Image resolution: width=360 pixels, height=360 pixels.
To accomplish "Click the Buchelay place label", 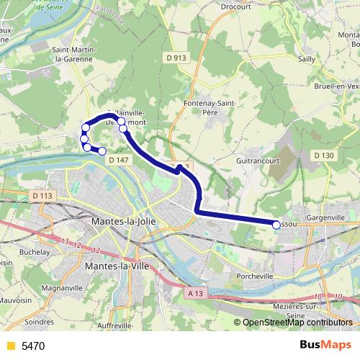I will tap(35, 252).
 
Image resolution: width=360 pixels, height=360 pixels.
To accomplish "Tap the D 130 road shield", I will tap(324, 155).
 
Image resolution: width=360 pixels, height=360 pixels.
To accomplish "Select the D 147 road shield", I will tap(117, 161).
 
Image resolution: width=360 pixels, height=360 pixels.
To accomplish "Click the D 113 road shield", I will tap(44, 195).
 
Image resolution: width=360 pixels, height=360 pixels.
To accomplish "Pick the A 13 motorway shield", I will tap(195, 293).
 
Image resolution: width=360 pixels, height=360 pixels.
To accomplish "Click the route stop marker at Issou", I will tap(276, 225).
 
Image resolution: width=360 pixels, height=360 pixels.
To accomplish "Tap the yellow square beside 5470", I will tap(10, 346).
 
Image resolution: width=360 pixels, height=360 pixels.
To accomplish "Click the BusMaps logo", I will tap(325, 346).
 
